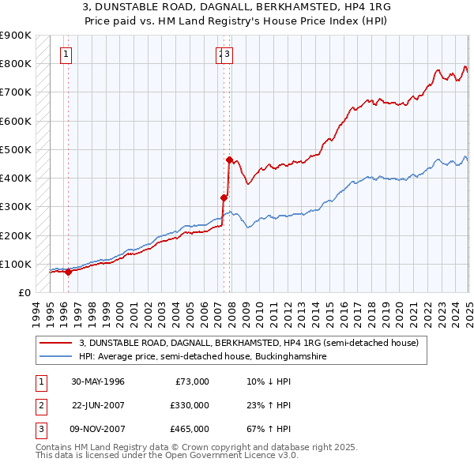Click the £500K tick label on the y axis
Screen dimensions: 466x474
16,149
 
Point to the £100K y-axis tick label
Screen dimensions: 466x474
16,264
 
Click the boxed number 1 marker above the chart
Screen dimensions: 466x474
65,54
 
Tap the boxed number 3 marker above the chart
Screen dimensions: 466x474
228,54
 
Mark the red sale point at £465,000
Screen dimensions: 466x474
229,160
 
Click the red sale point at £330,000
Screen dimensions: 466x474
224,197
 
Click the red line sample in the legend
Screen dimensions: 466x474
57,343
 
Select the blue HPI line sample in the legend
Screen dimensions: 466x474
57,356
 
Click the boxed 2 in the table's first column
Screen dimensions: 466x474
39,405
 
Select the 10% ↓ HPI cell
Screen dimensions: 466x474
269,381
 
